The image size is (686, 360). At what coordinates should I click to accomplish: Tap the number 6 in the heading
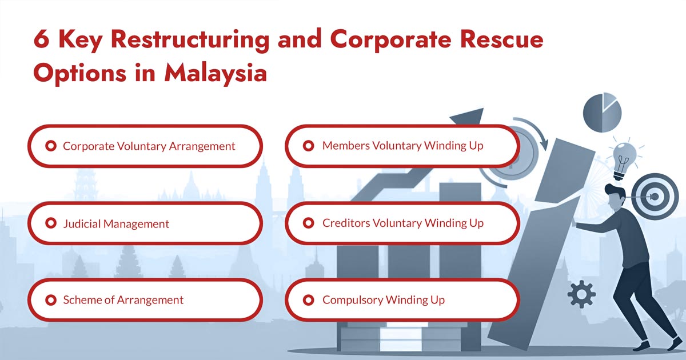point(41,41)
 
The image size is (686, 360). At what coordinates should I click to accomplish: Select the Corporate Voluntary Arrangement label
point(149,146)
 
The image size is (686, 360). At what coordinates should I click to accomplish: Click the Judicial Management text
point(115,223)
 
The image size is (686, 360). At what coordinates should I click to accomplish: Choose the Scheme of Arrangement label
point(123,300)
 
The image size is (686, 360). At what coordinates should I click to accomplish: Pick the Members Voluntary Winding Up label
point(402,146)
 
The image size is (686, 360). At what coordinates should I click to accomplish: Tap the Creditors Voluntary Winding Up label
point(402,223)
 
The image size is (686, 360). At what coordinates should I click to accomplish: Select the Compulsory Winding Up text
point(383,300)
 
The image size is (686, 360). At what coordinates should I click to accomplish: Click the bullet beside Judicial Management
point(50,223)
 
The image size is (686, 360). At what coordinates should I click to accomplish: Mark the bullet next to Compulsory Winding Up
point(309,299)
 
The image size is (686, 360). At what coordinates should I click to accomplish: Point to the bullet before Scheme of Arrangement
point(50,299)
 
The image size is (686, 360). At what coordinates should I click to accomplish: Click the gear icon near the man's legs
point(582,295)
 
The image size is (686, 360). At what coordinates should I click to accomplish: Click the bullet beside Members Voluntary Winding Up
point(309,146)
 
